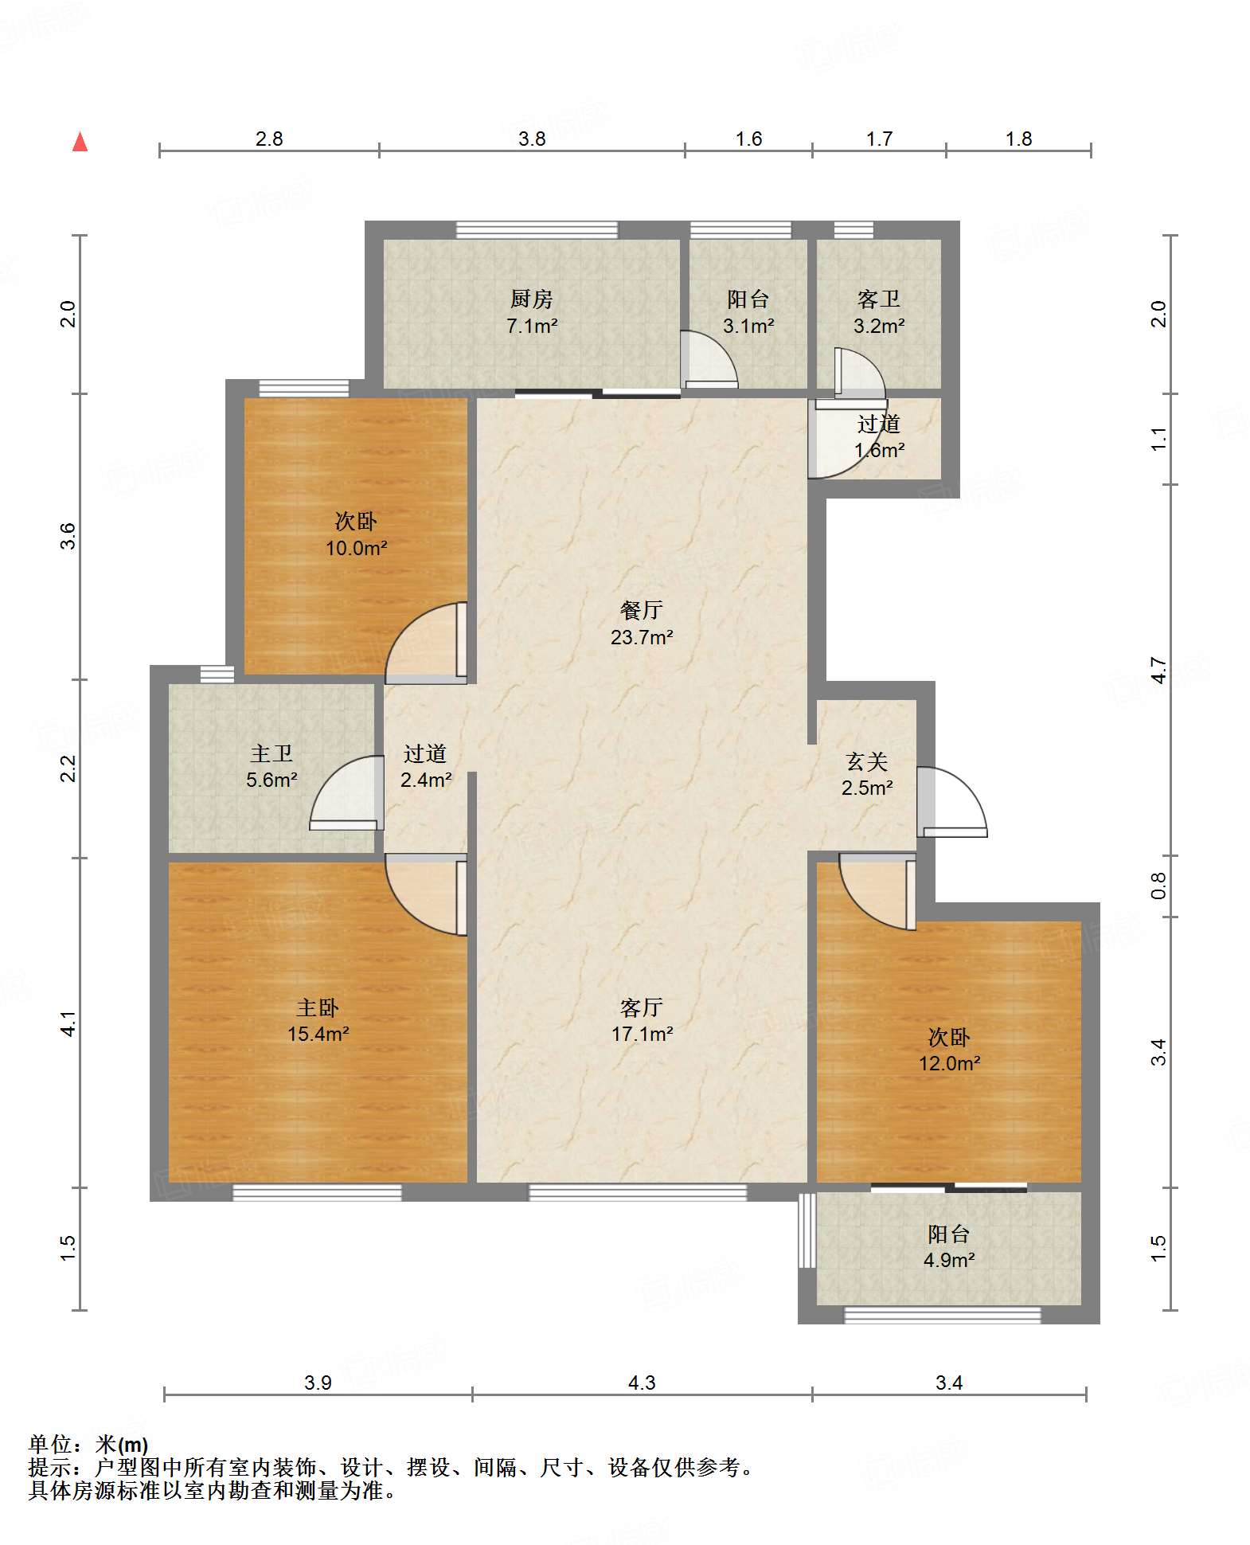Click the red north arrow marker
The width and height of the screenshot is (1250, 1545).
click(80, 142)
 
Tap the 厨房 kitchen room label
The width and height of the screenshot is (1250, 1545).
click(531, 299)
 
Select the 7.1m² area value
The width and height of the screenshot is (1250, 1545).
click(532, 326)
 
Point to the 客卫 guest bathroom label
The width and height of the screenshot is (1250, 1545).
click(879, 299)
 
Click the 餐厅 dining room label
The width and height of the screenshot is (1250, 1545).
click(642, 610)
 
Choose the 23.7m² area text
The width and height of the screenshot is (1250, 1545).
click(642, 637)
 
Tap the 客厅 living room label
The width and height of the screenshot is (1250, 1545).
click(642, 1007)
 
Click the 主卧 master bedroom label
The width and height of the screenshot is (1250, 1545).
click(318, 1007)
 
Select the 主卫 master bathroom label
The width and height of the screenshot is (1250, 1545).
click(271, 753)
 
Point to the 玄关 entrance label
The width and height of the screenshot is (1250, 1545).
click(867, 761)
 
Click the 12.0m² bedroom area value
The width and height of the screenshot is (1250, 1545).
click(949, 1063)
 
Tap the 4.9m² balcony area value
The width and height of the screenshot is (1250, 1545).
click(949, 1260)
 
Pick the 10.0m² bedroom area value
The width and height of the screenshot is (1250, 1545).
click(356, 548)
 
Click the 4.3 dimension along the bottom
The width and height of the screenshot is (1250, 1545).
click(642, 1383)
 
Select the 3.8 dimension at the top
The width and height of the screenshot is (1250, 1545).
click(532, 139)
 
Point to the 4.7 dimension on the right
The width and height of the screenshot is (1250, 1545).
click(1158, 670)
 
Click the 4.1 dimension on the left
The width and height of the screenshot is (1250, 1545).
click(68, 1023)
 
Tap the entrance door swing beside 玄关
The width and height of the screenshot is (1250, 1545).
click(952, 802)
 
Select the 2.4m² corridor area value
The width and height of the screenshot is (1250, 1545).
click(426, 780)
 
